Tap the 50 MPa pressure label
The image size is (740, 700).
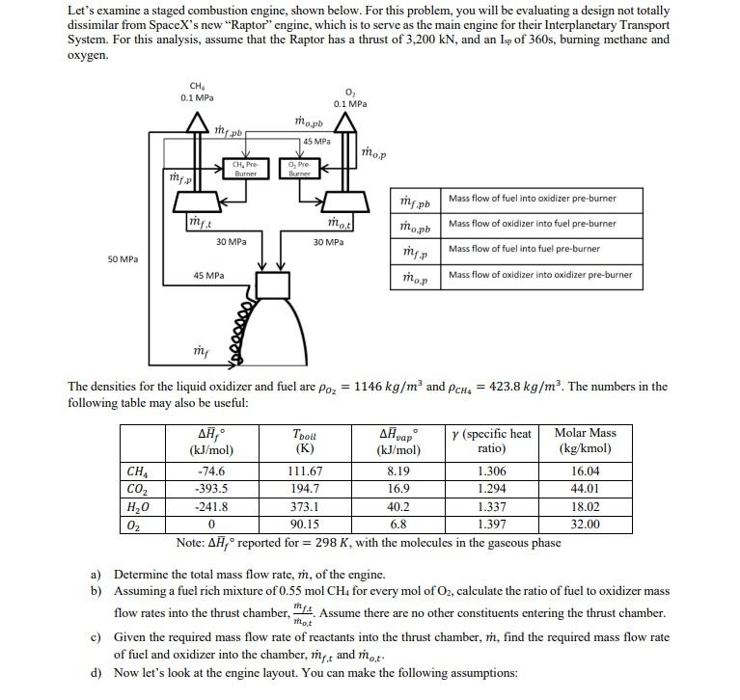(x=123, y=259)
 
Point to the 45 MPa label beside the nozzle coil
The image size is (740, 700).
(x=209, y=276)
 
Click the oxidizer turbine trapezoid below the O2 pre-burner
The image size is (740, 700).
(x=328, y=203)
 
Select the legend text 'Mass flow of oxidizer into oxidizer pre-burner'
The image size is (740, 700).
(x=540, y=275)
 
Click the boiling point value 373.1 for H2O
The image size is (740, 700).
(x=304, y=506)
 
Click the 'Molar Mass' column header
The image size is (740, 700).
(x=585, y=433)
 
